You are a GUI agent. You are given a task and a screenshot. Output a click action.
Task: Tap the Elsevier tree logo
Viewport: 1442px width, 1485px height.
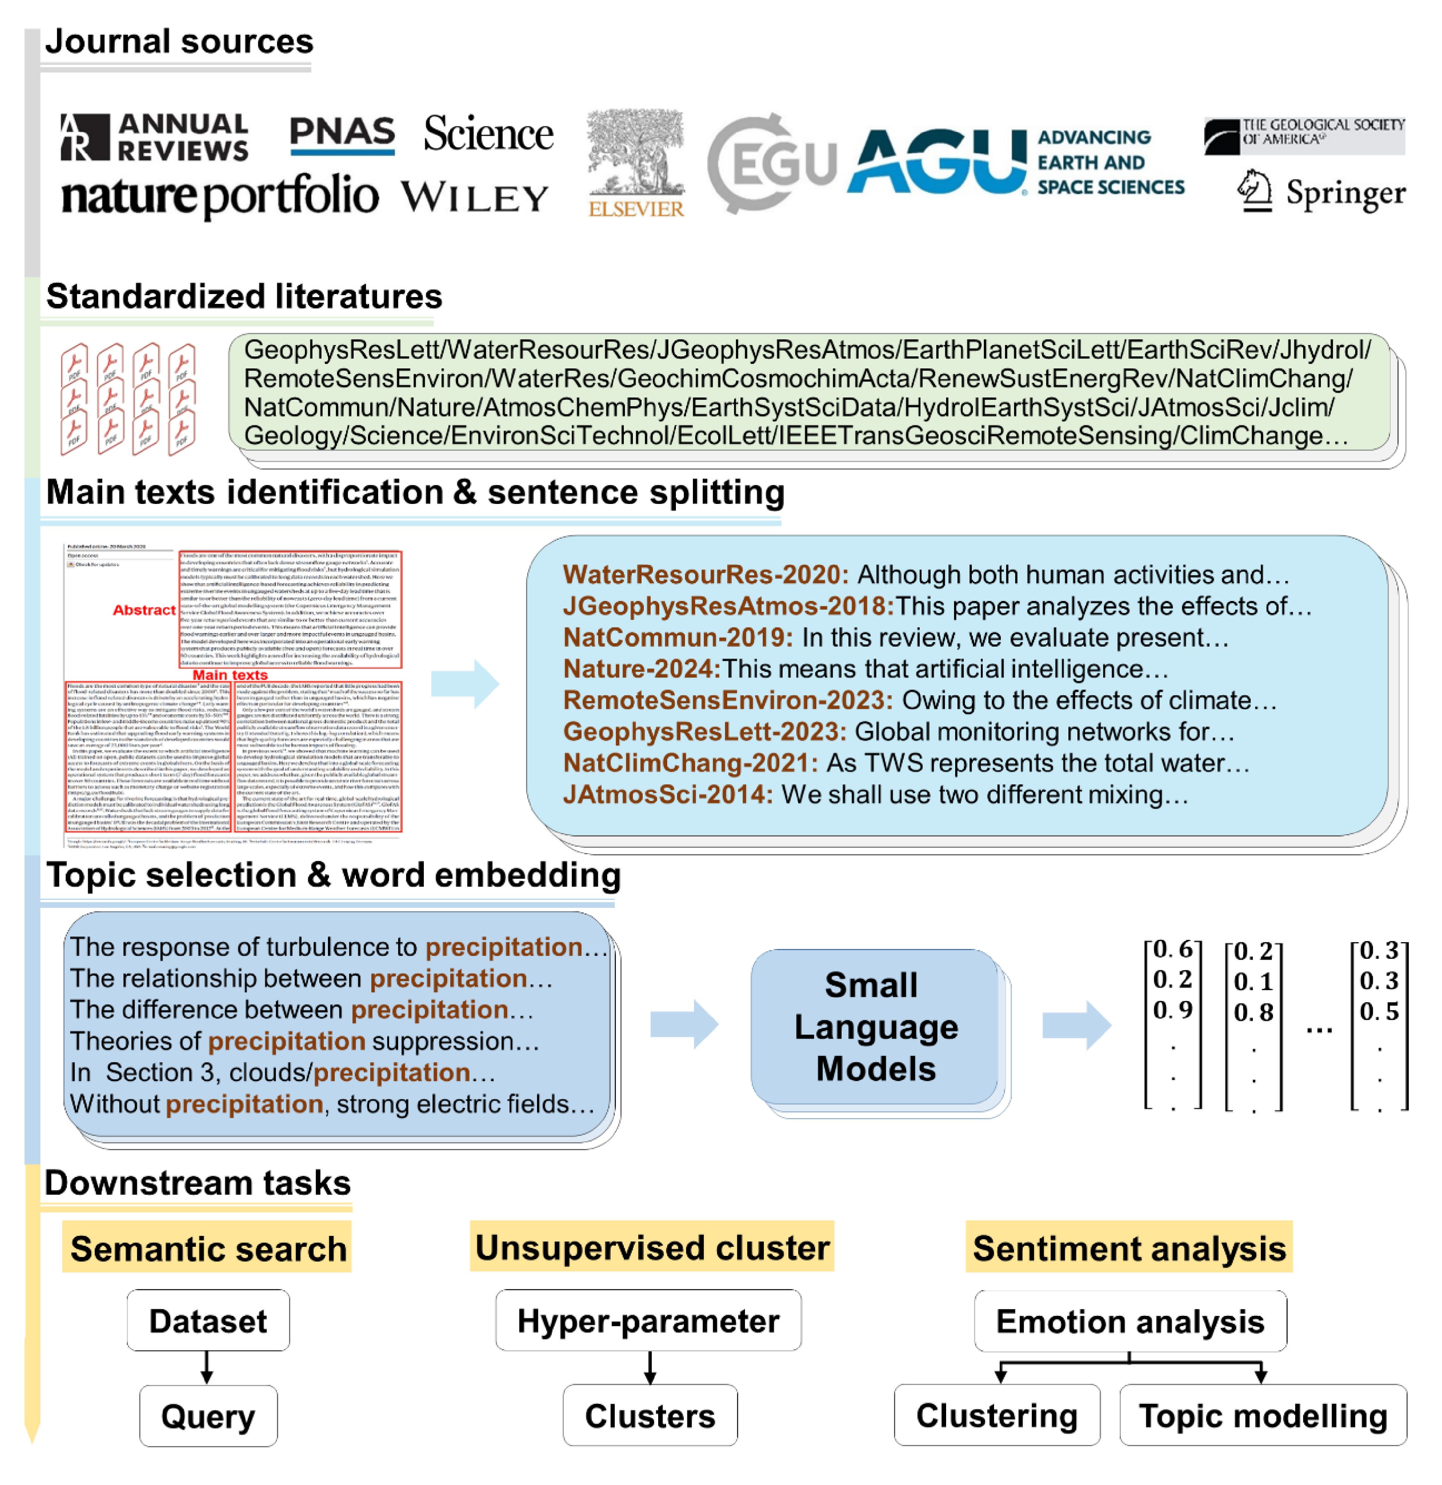(636, 163)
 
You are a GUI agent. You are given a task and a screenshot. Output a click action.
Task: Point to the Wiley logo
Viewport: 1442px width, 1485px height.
(475, 199)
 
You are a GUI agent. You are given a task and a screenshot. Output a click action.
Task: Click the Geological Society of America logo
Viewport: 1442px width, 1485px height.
(1304, 135)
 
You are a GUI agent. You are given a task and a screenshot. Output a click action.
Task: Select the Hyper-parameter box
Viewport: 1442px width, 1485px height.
(648, 1320)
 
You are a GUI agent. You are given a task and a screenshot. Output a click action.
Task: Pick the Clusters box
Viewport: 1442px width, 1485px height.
(650, 1415)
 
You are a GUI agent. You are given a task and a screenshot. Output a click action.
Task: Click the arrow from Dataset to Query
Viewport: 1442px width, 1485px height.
(207, 1368)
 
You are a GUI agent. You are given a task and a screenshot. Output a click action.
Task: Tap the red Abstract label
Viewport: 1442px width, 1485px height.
(144, 610)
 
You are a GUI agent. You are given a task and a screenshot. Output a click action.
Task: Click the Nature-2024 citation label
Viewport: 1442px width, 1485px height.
(641, 669)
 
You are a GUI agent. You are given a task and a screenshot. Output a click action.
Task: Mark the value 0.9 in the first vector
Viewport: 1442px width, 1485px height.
(1173, 1010)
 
